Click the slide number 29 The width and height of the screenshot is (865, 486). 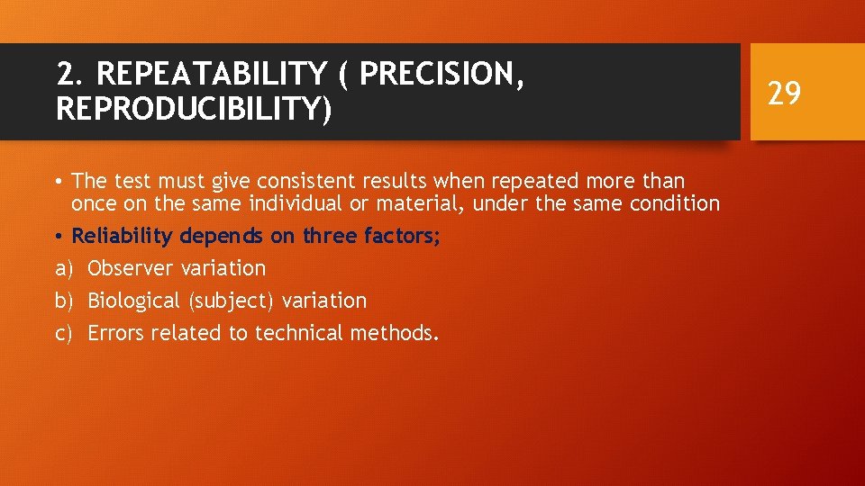click(x=783, y=92)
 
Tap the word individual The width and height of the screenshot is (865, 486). click(x=267, y=204)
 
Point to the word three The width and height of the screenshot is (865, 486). click(x=332, y=237)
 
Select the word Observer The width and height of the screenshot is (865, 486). click(x=131, y=268)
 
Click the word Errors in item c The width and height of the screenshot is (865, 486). click(x=116, y=333)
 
